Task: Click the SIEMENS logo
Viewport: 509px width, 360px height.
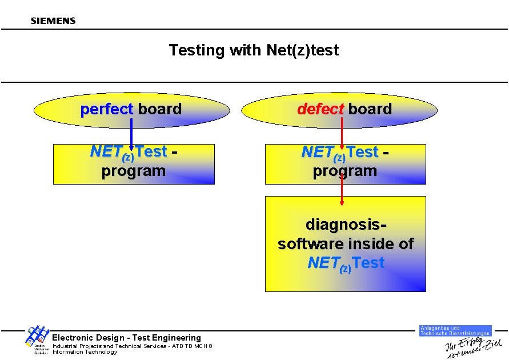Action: coord(53,21)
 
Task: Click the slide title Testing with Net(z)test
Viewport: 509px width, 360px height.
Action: coord(254,50)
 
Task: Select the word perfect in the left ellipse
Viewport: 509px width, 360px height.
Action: coord(107,109)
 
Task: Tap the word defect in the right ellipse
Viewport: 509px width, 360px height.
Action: coord(320,109)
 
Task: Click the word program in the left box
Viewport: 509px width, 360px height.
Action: coord(134,171)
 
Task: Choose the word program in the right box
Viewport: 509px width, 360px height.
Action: coord(345,171)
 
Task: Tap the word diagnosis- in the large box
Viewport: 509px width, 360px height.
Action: coord(346,224)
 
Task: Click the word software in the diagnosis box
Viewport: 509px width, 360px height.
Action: coord(312,244)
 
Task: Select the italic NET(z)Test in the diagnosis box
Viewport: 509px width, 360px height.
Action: coord(346,263)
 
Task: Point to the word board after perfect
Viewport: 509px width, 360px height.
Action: coord(160,109)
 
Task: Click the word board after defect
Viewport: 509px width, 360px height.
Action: coord(370,109)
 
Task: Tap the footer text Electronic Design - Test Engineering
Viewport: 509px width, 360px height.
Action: coord(127,338)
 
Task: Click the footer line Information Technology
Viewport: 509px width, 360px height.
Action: coord(85,352)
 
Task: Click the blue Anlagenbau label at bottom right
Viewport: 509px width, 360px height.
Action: coord(455,330)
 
